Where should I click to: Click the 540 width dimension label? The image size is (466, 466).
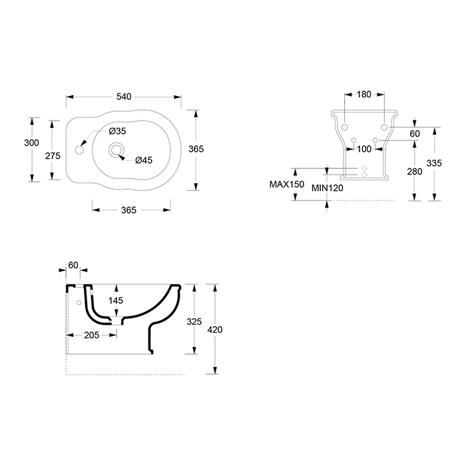click(x=124, y=97)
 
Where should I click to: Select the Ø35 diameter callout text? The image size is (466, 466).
click(x=117, y=130)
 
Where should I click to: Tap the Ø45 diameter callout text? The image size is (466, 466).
click(x=144, y=160)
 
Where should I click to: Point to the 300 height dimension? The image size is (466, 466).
click(x=31, y=142)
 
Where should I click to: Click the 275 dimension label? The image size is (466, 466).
click(x=53, y=156)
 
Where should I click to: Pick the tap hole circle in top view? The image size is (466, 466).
click(x=79, y=150)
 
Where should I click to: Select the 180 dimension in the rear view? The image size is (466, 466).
click(x=364, y=95)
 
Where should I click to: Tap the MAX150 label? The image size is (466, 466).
click(x=287, y=184)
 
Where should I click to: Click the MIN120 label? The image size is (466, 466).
click(x=328, y=188)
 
